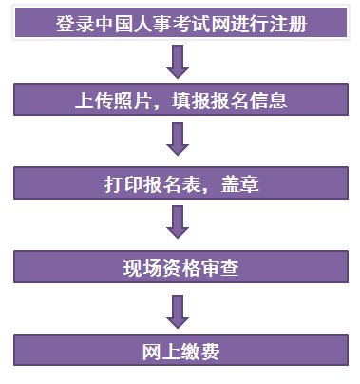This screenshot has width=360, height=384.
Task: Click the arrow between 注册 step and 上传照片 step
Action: pos(179,60)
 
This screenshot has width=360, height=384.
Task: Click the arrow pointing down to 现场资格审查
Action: pos(179,223)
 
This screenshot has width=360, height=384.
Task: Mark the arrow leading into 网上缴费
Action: pos(179,308)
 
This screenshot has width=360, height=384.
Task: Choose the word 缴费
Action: pos(200,352)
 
